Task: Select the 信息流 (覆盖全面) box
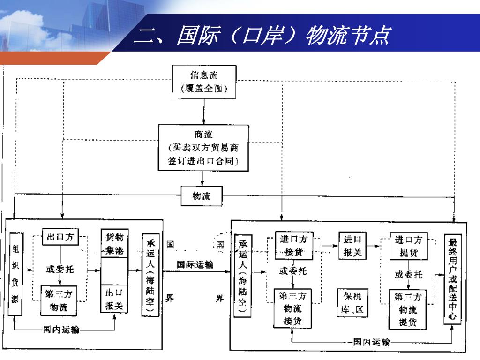point(204,82)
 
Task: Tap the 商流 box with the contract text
point(203,148)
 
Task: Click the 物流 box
point(202,196)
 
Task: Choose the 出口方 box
point(60,237)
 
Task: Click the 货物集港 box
point(115,243)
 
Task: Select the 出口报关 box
point(114,300)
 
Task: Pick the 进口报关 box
point(352,246)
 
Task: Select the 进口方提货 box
point(408,246)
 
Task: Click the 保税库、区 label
point(352,303)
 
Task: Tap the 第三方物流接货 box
point(293,308)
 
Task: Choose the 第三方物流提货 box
point(408,309)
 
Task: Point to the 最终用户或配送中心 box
point(453,280)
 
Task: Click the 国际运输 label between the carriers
point(195,265)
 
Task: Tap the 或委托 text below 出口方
point(60,269)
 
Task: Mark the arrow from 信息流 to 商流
point(203,111)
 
